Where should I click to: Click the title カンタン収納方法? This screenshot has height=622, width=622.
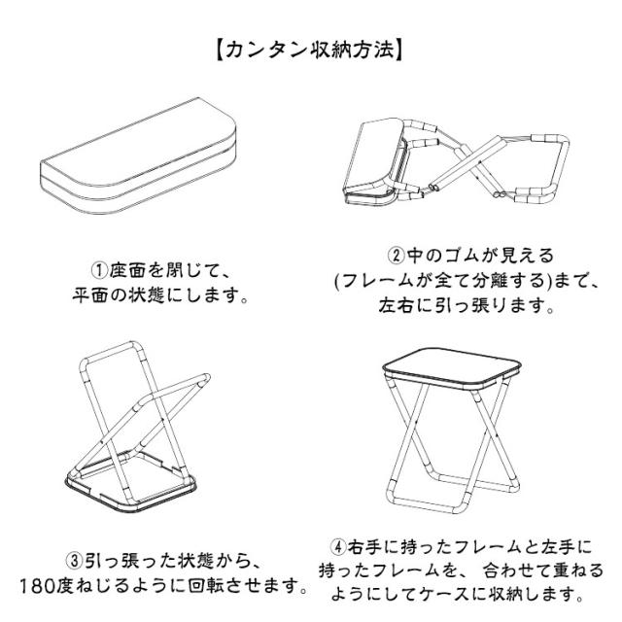(x=311, y=48)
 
